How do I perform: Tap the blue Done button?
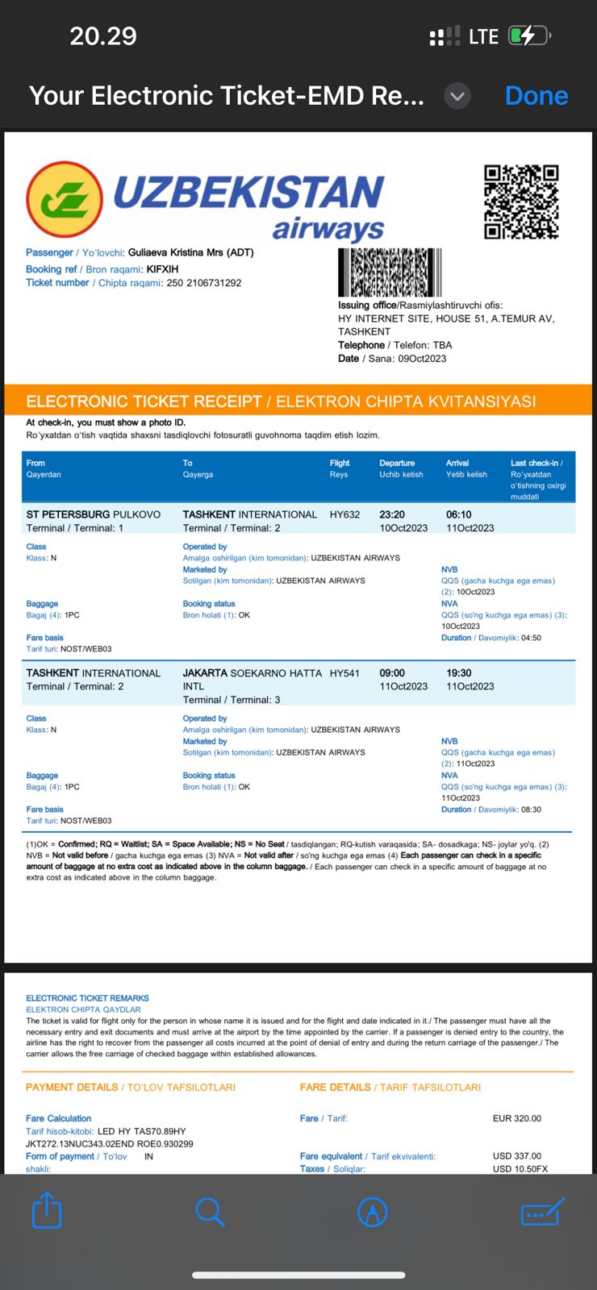point(536,96)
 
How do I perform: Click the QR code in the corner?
point(521,202)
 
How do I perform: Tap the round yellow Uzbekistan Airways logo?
point(65,200)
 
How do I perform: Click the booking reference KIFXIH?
point(162,269)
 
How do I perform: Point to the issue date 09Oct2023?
point(421,359)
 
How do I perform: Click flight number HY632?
point(344,514)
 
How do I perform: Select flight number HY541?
point(344,673)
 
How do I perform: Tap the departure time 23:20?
point(392,514)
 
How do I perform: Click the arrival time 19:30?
point(459,673)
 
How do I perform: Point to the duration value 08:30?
point(531,809)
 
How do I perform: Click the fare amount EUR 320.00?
point(516,1118)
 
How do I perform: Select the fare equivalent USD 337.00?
point(516,1156)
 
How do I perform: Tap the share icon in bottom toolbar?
point(47,1210)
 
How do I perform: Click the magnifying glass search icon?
point(210,1211)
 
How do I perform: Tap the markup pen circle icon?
point(372,1211)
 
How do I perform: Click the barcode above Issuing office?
point(390,273)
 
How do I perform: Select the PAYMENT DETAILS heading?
point(72,1088)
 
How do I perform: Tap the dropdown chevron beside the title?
point(457,97)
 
